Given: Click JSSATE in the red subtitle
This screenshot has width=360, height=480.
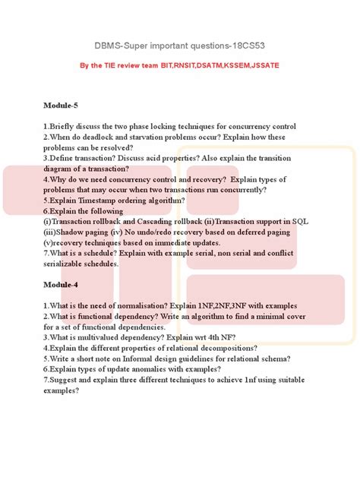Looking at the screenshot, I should (262, 65).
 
